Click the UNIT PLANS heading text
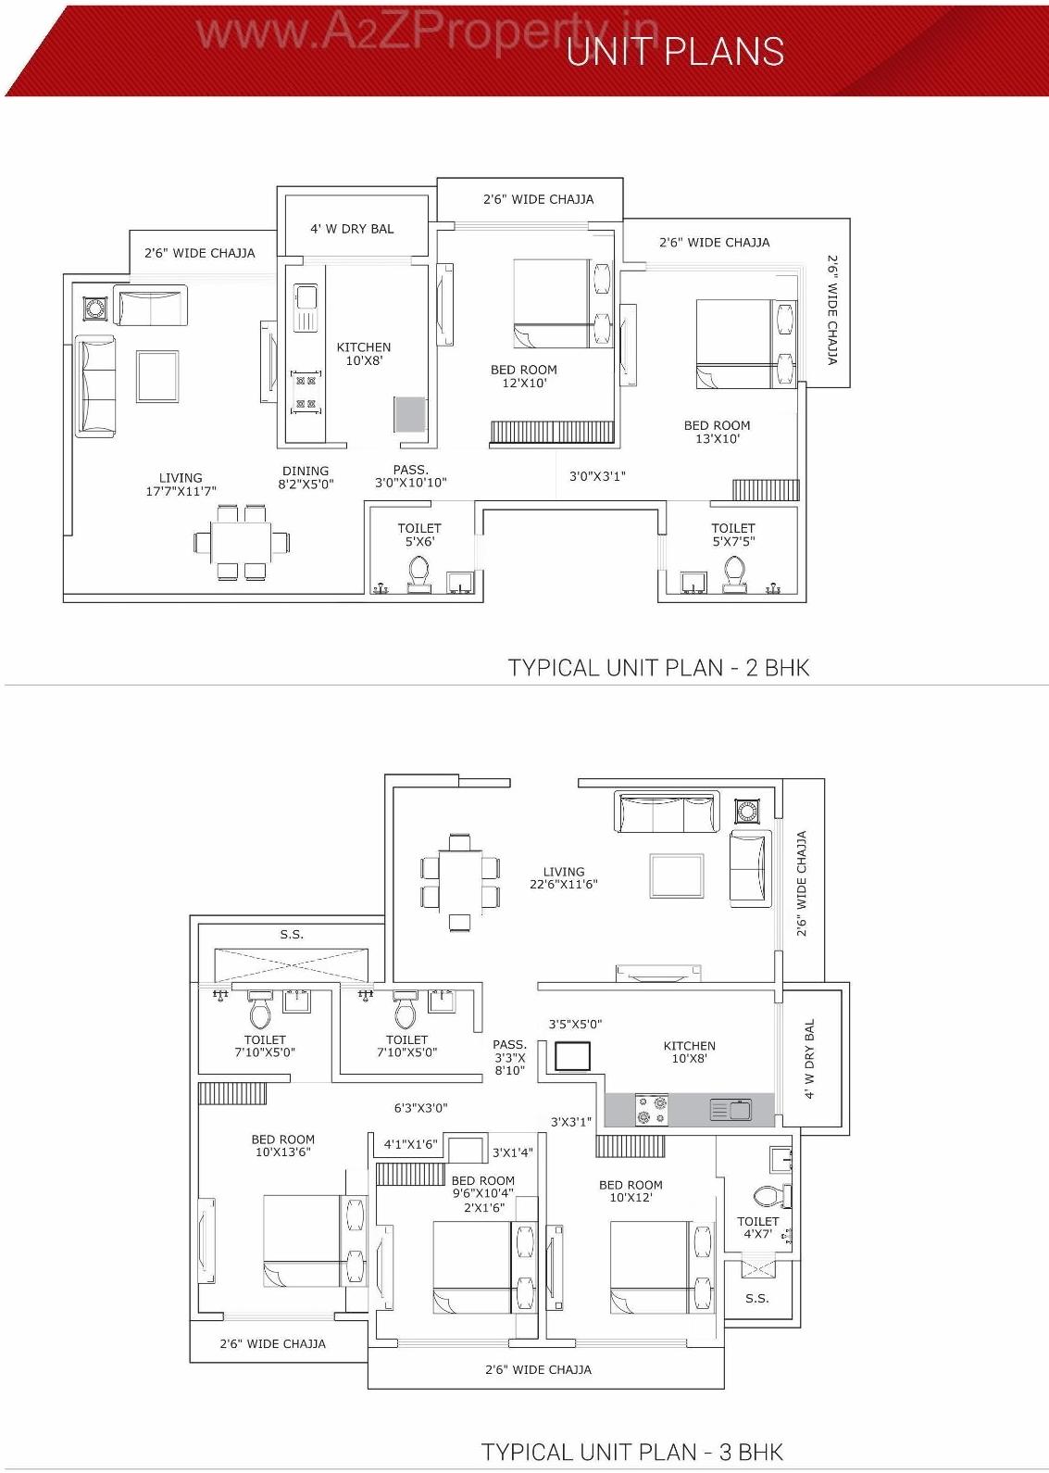click(x=675, y=51)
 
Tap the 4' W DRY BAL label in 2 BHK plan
click(x=352, y=229)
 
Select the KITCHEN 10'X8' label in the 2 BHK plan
click(x=364, y=354)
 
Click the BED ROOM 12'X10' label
click(x=524, y=376)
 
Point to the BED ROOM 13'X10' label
click(x=718, y=432)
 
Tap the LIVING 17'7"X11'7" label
click(x=181, y=485)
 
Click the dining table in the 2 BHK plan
click(x=241, y=542)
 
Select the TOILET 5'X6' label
click(x=419, y=535)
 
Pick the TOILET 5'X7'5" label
click(x=733, y=535)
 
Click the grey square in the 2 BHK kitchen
click(x=409, y=413)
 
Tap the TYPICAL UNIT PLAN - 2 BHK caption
click(x=658, y=667)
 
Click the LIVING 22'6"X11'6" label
click(x=564, y=877)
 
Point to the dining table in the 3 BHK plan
click(x=459, y=881)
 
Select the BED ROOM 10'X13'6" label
click(x=283, y=1146)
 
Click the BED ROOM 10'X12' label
click(x=631, y=1191)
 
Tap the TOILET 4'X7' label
click(x=757, y=1227)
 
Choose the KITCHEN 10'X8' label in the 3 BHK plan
click(x=690, y=1051)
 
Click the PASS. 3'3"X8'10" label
click(x=509, y=1057)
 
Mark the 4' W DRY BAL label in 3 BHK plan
click(x=810, y=1059)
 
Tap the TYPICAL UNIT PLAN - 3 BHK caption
click(x=632, y=1452)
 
